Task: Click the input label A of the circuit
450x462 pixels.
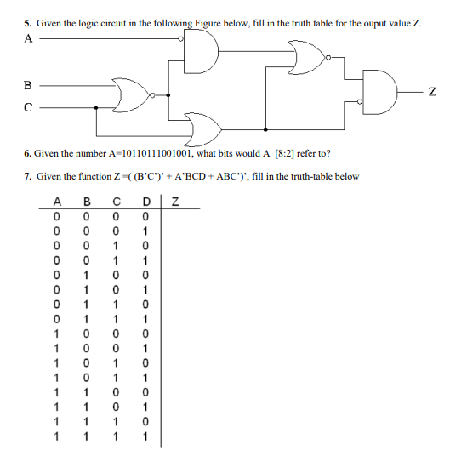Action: (x=29, y=38)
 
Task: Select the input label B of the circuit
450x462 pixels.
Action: (x=29, y=84)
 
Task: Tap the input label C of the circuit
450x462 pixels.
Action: (x=29, y=107)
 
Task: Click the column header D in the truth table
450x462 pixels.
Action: (x=145, y=202)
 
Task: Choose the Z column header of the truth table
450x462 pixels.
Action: (x=174, y=202)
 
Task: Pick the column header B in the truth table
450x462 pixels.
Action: (x=85, y=202)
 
